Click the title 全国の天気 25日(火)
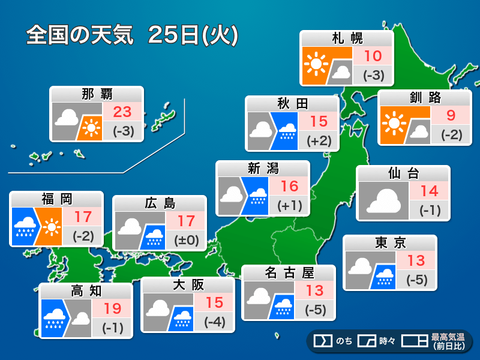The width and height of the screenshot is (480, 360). point(133,35)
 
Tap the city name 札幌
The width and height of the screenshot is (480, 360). point(347,39)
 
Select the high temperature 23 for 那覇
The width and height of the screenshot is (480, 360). point(123,111)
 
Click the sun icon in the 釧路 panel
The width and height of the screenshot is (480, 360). point(394,123)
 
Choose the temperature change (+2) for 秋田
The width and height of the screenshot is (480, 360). point(319,141)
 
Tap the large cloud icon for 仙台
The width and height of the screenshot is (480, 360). point(383,200)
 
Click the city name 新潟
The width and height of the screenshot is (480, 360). point(263,169)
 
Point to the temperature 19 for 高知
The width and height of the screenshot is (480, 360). point(112,308)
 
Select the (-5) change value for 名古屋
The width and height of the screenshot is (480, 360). point(315,310)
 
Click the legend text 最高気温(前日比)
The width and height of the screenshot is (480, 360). point(447,341)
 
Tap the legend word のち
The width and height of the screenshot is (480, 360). point(344,341)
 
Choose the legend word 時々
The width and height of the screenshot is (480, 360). point(387,341)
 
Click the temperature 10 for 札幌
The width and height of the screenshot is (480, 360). point(373,56)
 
